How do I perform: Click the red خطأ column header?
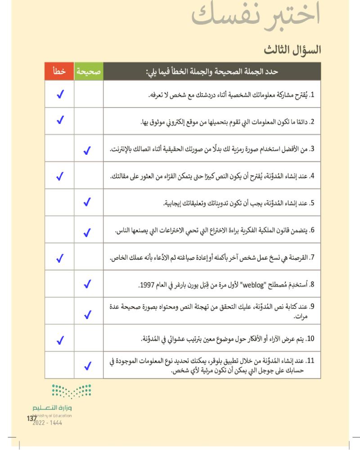click(x=59, y=71)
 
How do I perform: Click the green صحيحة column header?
click(x=88, y=71)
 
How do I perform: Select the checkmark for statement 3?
click(x=88, y=150)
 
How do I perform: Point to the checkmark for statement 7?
click(x=59, y=258)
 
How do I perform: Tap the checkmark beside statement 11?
click(x=88, y=366)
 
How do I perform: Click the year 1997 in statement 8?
click(x=147, y=284)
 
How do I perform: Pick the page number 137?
click(x=31, y=418)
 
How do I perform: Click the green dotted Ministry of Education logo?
click(x=71, y=391)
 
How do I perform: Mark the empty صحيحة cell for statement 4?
click(x=88, y=175)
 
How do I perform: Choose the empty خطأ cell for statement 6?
click(x=59, y=230)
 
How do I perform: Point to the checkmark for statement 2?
click(x=59, y=120)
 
